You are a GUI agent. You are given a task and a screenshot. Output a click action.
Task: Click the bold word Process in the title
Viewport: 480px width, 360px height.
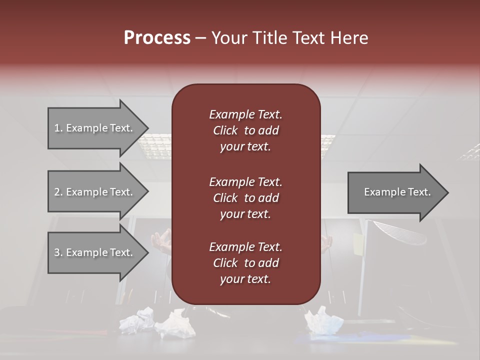pos(157,38)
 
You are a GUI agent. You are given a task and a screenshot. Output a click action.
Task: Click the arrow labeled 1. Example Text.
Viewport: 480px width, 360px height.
pos(95,128)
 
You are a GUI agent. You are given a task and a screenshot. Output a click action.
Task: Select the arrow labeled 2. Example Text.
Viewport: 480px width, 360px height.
pos(95,192)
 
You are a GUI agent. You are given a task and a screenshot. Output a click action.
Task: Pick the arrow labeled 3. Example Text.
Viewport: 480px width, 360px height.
pos(95,252)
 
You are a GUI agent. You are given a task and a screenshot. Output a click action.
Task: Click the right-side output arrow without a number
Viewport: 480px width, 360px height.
pos(395,192)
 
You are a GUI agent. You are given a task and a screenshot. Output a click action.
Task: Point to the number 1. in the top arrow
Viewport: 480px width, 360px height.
pos(58,128)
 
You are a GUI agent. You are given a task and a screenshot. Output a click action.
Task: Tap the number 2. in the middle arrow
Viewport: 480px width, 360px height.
pos(58,192)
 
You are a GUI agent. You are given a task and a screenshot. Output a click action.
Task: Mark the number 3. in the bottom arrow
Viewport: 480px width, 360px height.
pos(58,252)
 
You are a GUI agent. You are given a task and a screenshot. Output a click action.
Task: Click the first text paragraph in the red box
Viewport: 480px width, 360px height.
pos(245,130)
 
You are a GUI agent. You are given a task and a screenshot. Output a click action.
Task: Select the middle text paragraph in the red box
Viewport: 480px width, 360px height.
pos(245,197)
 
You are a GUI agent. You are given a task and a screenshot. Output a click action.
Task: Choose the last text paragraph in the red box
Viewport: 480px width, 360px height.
pos(245,263)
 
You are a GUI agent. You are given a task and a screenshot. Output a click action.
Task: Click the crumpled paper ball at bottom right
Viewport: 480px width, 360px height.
pos(323,320)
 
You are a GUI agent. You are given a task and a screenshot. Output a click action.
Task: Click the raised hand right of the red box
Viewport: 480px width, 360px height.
pos(327,242)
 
